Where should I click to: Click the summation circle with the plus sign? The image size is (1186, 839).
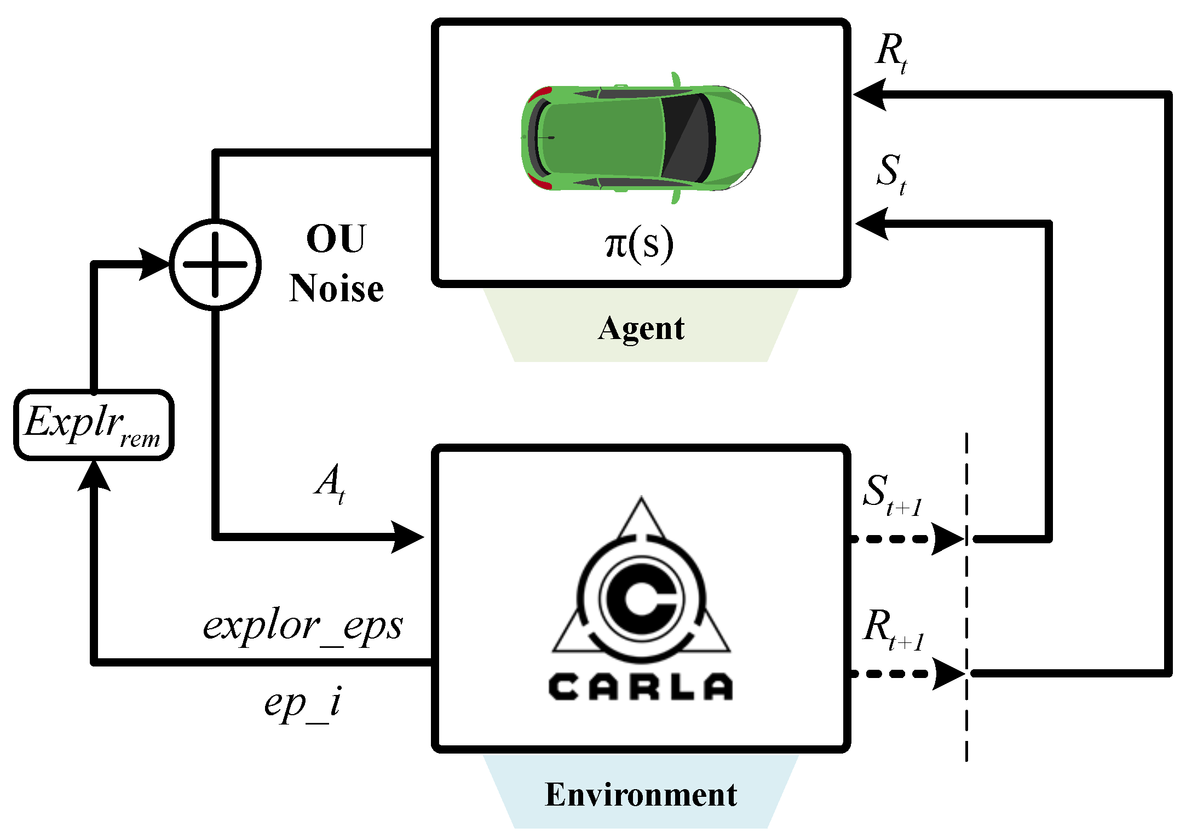pos(215,265)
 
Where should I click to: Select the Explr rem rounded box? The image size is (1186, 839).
pos(94,425)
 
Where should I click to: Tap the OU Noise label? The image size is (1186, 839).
pos(336,264)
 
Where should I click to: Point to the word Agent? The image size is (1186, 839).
pos(641,329)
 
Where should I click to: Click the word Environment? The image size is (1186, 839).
pos(641,795)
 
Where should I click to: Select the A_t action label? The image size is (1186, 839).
pos(330,483)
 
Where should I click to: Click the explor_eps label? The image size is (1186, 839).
pos(303,625)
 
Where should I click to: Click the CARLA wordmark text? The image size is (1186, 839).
pos(641,687)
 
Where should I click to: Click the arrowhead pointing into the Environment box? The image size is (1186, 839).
pos(408,537)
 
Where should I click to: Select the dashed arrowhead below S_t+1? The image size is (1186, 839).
pos(947,539)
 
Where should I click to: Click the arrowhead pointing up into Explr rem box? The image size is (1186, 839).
pos(94,475)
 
